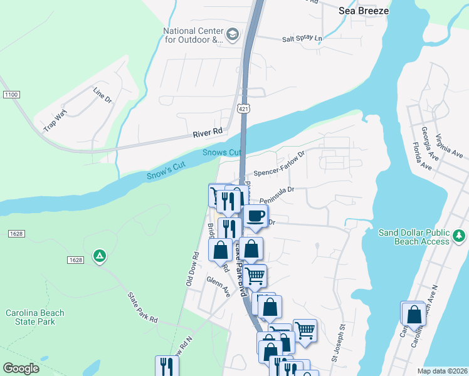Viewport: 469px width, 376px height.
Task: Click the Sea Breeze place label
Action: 363,11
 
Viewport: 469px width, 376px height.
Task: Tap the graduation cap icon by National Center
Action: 232,34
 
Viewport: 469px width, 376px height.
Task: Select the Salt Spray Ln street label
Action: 302,38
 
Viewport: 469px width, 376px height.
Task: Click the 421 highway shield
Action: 244,108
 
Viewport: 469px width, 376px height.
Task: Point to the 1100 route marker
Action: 11,94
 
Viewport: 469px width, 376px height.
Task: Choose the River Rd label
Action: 208,132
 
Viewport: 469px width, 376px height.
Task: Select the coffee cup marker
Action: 255,216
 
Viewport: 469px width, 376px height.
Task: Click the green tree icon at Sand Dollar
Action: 460,236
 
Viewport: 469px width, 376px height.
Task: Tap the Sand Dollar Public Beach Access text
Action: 414,237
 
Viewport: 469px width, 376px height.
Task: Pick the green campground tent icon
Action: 98,256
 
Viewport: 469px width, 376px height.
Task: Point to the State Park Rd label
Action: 142,308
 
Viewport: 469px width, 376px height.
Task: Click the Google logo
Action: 21,368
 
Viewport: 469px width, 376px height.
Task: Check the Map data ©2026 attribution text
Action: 441,371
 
